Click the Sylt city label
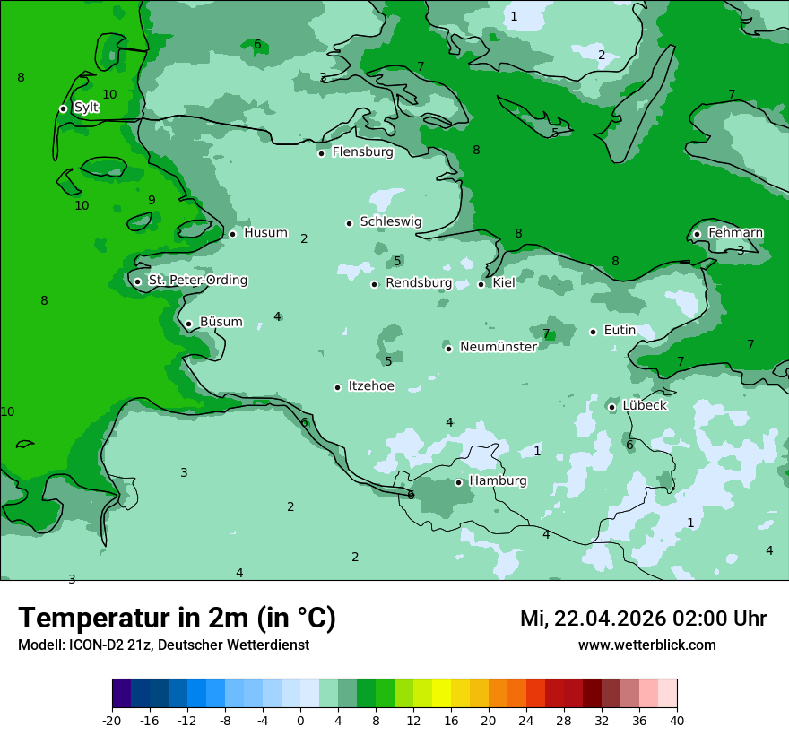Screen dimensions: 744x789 [86, 108]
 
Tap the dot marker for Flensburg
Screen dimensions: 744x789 [321, 153]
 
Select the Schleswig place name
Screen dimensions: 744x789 [390, 221]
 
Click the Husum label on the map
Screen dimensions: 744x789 [265, 233]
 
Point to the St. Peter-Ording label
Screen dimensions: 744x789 [197, 281]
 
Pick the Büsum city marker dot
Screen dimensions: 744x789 [188, 324]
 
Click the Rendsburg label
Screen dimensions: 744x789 [418, 283]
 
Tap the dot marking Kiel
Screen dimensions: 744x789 [481, 284]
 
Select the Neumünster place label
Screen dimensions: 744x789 [498, 347]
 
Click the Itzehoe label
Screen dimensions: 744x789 [371, 386]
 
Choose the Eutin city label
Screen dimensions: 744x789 [620, 331]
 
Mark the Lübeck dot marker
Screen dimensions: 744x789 [612, 407]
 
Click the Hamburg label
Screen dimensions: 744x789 [498, 481]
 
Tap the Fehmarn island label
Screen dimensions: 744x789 [735, 233]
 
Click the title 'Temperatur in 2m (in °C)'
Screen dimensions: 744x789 [177, 619]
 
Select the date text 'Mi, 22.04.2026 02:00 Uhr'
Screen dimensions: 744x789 [643, 619]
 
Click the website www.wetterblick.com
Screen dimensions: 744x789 [646, 645]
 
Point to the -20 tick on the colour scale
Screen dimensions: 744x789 [112, 721]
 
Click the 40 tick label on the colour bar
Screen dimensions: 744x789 [677, 721]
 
